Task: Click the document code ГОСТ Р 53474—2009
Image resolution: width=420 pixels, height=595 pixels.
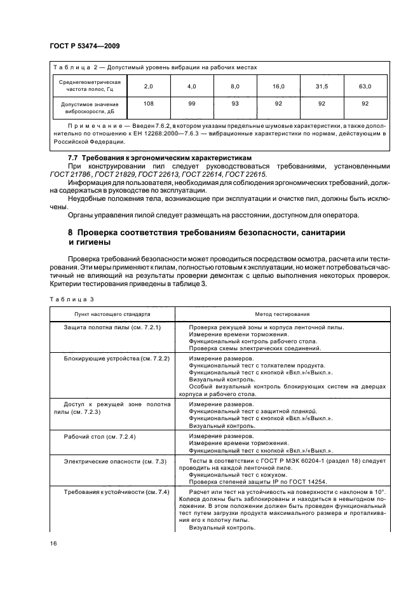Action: pyautogui.click(x=85, y=46)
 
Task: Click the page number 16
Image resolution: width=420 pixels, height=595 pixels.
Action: pyautogui.click(x=53, y=543)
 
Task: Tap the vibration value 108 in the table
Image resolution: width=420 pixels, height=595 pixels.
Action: pyautogui.click(x=149, y=103)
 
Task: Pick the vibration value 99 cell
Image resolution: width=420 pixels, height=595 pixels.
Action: pyautogui.click(x=192, y=103)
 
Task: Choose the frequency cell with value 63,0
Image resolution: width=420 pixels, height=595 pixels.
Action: pyautogui.click(x=365, y=86)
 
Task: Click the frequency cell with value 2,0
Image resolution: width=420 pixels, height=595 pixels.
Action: pyautogui.click(x=149, y=86)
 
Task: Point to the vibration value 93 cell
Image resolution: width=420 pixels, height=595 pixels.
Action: pyautogui.click(x=235, y=103)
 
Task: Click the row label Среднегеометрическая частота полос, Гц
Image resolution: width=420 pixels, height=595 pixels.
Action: pyautogui.click(x=90, y=86)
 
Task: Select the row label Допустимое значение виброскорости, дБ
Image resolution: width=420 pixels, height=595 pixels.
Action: pyautogui.click(x=90, y=106)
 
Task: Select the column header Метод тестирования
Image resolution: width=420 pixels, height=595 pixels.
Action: pyautogui.click(x=283, y=314)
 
